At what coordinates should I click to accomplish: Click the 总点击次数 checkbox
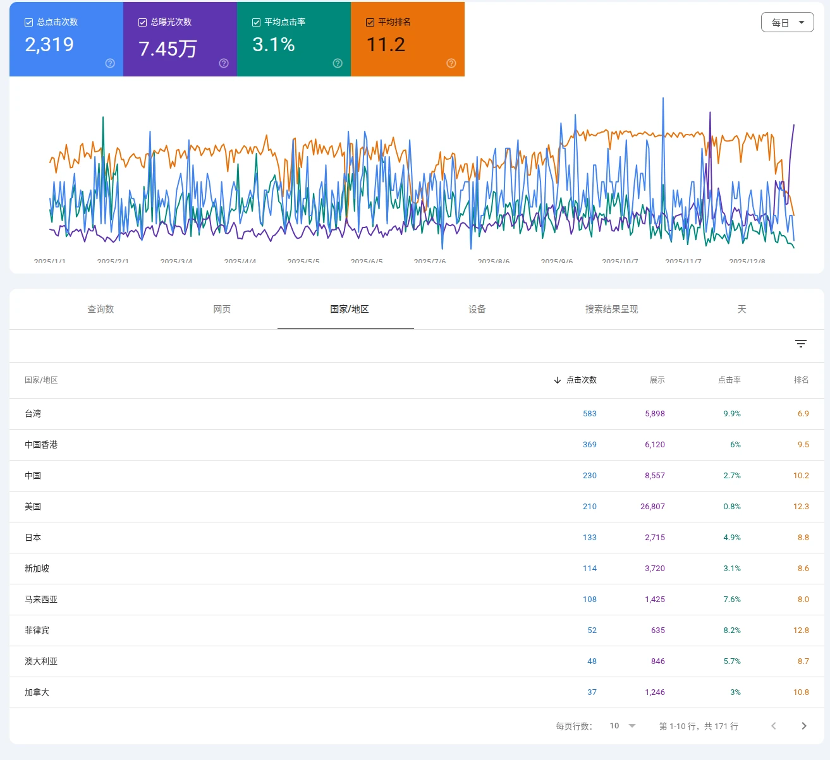click(28, 22)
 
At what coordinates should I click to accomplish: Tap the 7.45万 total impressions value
click(168, 49)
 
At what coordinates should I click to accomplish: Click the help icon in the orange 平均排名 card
click(451, 63)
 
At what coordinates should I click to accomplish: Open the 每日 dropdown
click(787, 22)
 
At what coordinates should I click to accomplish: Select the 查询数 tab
click(101, 309)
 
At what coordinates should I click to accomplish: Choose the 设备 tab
click(477, 309)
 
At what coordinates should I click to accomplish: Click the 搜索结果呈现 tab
click(611, 309)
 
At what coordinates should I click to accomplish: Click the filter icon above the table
click(800, 344)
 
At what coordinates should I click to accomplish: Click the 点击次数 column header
click(581, 380)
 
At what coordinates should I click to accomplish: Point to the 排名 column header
click(801, 380)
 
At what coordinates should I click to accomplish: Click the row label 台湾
click(33, 414)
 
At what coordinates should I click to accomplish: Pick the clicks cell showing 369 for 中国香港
click(589, 445)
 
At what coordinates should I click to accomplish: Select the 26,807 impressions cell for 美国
click(652, 507)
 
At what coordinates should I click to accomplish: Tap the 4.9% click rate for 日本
click(731, 538)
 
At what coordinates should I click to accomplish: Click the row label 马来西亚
click(41, 600)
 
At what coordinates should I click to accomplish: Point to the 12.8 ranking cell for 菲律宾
click(800, 630)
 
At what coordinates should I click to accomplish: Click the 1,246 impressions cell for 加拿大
click(654, 692)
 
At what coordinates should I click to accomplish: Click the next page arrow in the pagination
click(803, 726)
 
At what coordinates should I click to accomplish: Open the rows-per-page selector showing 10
click(623, 726)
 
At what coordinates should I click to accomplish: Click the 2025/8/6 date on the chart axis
click(493, 260)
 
